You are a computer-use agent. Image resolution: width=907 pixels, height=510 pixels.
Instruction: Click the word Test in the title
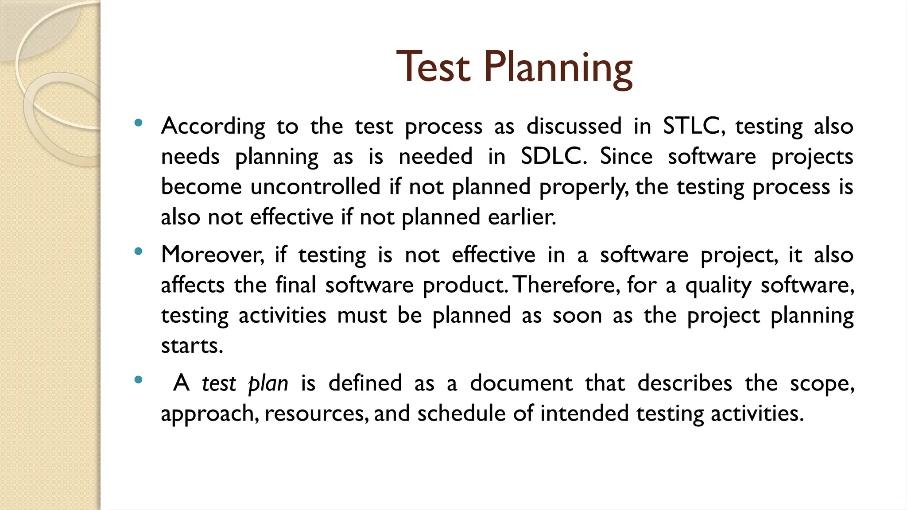point(433,67)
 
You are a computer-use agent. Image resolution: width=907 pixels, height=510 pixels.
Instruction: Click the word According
point(213,126)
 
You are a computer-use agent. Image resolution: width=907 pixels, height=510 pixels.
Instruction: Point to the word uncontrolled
point(315,186)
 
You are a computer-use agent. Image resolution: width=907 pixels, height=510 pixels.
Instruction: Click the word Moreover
point(212,255)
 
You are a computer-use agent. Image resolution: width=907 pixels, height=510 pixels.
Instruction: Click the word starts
point(191,345)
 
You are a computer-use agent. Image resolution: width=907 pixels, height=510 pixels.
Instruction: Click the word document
point(521,383)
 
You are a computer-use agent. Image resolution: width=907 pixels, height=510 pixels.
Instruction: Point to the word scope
point(822,383)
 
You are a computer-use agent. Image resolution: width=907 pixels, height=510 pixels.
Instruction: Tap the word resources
point(316,414)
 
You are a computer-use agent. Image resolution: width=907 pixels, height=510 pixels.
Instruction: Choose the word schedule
point(461,413)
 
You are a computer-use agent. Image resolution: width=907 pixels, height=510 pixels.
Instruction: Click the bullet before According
point(138,123)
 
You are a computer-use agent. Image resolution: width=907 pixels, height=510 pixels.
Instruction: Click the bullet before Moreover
point(138,251)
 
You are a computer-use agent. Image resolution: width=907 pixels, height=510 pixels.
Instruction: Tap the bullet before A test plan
point(138,379)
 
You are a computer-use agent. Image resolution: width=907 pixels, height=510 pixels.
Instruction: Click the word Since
point(626,156)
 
